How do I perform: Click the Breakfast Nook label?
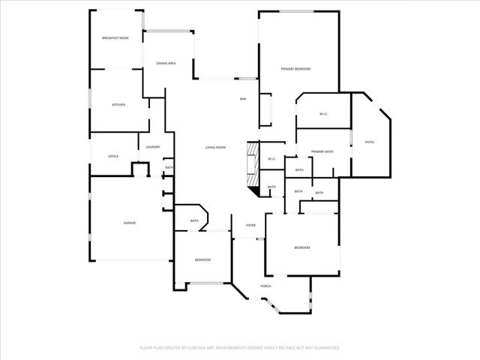(x=115, y=37)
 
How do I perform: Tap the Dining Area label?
(x=166, y=64)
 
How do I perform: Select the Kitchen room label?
(x=118, y=105)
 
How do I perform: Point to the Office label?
(x=113, y=156)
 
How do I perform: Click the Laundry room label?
(x=153, y=147)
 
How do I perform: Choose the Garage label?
(x=130, y=223)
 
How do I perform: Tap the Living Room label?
(x=216, y=147)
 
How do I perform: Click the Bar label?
(x=243, y=99)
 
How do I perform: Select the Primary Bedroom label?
(x=295, y=69)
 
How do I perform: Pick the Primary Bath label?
(x=322, y=152)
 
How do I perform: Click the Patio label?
(x=370, y=142)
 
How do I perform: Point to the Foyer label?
(x=250, y=225)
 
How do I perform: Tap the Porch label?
(x=265, y=286)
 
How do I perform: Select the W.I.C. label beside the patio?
(x=323, y=114)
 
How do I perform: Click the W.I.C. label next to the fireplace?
(x=271, y=159)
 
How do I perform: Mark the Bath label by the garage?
(x=194, y=220)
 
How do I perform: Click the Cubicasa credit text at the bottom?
(x=239, y=348)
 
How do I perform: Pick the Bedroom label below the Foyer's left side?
(x=202, y=259)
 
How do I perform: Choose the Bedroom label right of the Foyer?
(x=301, y=247)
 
